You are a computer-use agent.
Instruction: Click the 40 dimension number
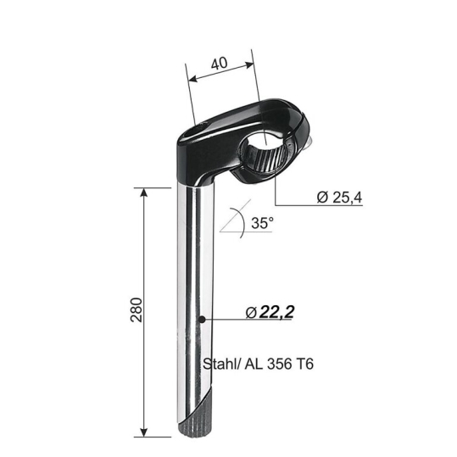(219, 64)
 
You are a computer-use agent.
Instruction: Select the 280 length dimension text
(137, 309)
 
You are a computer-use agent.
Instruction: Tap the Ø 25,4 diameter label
(339, 198)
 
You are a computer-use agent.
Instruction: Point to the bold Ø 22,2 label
(270, 312)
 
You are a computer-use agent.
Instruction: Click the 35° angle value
(263, 223)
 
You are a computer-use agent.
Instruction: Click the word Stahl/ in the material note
(222, 364)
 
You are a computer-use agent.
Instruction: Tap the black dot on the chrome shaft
(202, 320)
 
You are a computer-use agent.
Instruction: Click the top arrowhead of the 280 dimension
(143, 192)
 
